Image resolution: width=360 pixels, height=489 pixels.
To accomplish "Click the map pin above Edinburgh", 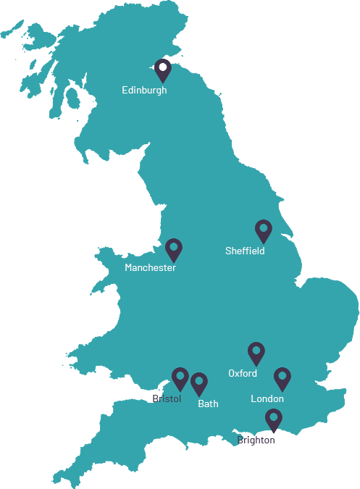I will tap(163, 70).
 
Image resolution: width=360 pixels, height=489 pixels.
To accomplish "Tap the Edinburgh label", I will tap(144, 91).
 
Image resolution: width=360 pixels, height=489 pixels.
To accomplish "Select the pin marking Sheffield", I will tap(264, 230).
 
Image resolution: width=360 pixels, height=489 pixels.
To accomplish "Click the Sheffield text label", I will tap(245, 251).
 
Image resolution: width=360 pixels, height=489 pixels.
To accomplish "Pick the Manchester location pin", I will tap(173, 249).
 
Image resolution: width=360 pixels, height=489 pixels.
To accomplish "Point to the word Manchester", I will tap(150, 268).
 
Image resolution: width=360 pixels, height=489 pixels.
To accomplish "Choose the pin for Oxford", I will tap(256, 353).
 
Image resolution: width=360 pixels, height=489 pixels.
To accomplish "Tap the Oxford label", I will tap(243, 374).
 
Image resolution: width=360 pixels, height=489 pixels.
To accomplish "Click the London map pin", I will tap(282, 378).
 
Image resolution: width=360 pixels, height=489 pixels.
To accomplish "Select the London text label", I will tap(267, 399).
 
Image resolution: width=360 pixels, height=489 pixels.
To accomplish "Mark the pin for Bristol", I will tap(180, 378).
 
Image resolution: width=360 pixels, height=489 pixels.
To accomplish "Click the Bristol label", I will tap(167, 399).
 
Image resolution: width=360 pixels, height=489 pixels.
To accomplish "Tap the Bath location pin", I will tap(199, 383).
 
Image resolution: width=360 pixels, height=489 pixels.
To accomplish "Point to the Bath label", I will tap(208, 404).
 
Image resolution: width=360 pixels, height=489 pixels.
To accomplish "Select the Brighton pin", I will tap(273, 419).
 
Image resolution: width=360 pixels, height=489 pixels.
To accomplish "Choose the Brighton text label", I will tap(256, 440).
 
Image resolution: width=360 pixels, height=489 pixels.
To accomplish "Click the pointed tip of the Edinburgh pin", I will tap(163, 83).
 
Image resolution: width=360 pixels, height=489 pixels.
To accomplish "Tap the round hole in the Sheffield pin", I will tap(264, 228).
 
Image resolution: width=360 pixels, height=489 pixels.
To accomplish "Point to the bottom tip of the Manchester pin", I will tap(173, 262).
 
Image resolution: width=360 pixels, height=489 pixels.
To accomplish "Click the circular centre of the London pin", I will tap(282, 376).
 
